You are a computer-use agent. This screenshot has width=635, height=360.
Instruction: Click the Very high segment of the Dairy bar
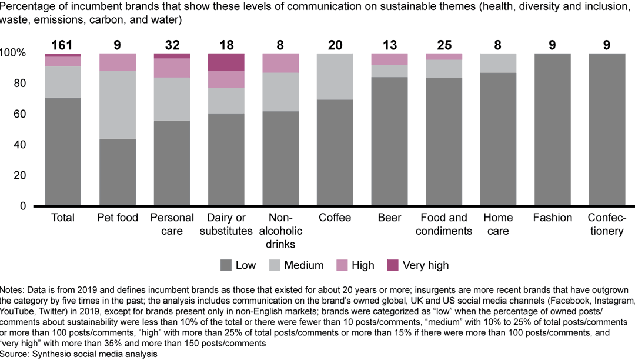point(226,62)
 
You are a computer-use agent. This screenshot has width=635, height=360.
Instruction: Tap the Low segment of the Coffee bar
point(335,153)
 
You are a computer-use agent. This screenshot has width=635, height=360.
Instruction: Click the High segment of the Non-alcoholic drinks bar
point(280,63)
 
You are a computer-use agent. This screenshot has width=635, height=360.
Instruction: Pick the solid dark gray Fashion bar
point(552,129)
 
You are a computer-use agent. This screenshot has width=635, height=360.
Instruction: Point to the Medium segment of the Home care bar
point(498,63)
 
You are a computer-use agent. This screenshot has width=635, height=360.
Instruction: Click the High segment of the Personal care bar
point(172,68)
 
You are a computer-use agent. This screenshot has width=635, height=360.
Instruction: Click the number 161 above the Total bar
point(63,45)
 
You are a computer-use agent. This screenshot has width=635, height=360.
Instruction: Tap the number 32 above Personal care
point(172,45)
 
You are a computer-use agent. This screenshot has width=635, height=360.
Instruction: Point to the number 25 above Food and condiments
point(443,45)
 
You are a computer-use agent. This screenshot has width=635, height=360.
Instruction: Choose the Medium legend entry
point(303,265)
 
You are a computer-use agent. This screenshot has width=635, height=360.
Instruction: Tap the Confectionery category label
point(606,224)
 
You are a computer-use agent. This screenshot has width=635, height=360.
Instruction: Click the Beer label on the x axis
point(389,218)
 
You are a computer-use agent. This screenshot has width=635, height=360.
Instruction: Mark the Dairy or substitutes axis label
point(226,224)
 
